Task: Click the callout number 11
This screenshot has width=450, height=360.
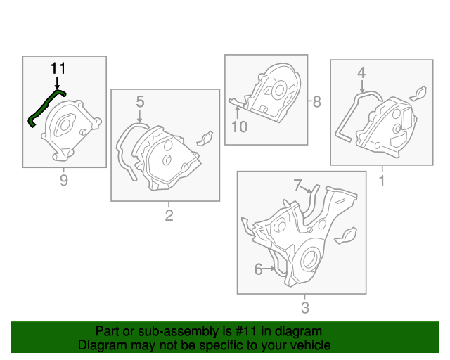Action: point(58,68)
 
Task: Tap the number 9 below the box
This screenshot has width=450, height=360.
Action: point(64,181)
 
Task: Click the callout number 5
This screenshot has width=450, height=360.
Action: point(140,102)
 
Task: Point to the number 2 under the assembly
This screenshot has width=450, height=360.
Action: point(169,215)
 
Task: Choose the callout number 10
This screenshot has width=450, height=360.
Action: point(240,127)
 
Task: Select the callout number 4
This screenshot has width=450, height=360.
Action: point(361,72)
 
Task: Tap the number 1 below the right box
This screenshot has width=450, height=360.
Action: point(382,181)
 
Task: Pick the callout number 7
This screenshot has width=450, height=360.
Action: point(298,185)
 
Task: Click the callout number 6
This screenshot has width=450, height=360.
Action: point(258,269)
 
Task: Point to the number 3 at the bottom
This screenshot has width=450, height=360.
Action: point(304,308)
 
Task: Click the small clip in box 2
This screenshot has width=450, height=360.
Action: point(205,137)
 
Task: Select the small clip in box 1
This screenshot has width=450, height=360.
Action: point(418,94)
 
